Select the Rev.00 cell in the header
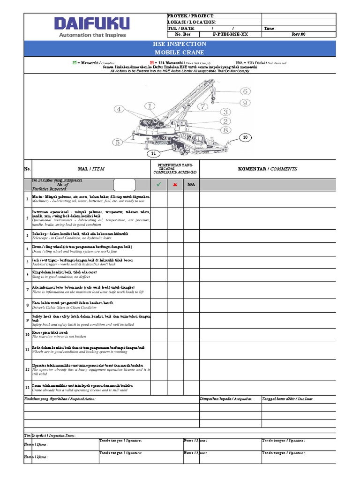coord(298,34)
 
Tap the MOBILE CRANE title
coord(180,52)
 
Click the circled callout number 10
coord(244,137)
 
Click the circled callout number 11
coord(153,154)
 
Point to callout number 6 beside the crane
coord(245,91)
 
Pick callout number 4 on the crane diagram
coord(119,109)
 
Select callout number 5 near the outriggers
coord(117,142)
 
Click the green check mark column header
coord(158,185)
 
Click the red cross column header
coord(175,185)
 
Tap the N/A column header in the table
coord(191,185)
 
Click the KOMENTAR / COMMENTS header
coord(267,169)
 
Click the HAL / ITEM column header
coord(91,169)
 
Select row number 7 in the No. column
coord(28,290)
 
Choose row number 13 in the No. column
coord(28,387)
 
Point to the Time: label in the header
coord(270,28)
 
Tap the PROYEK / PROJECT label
coord(190,16)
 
